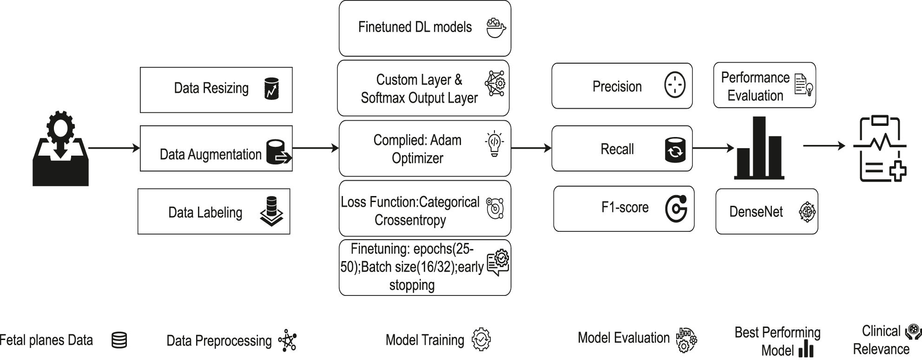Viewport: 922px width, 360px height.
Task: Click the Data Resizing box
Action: (x=216, y=90)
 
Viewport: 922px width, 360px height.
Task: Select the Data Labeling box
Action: (x=214, y=211)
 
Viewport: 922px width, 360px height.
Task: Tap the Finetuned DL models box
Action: (x=425, y=28)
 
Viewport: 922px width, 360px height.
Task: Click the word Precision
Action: (x=617, y=86)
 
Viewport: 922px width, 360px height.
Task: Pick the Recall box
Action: (x=622, y=149)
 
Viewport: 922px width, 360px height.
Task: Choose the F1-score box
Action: (x=624, y=209)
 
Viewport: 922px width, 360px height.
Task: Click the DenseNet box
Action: (x=766, y=211)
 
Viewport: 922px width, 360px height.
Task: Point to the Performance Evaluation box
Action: (x=764, y=85)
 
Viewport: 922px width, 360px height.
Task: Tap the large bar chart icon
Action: (x=759, y=149)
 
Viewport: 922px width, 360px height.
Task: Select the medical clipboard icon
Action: (x=880, y=149)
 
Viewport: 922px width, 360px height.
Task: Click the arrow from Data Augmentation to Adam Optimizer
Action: (x=316, y=148)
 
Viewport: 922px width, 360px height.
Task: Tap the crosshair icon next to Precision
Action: (x=675, y=85)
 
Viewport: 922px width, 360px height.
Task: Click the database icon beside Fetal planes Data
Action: (x=119, y=340)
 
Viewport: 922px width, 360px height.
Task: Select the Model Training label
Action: (x=425, y=340)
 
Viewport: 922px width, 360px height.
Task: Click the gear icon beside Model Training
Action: (x=481, y=340)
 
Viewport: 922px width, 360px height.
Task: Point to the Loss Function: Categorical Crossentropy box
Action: (x=425, y=209)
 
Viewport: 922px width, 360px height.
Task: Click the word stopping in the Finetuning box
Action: (x=412, y=285)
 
